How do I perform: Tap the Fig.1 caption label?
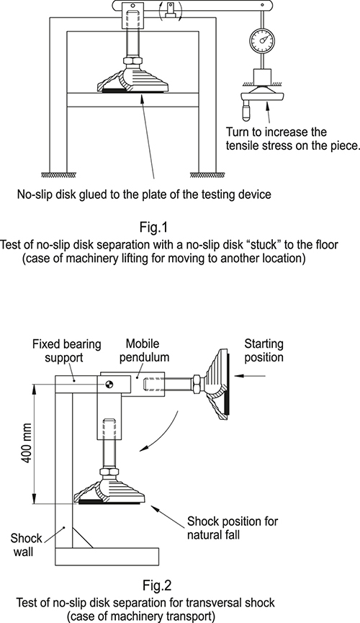tap(154, 228)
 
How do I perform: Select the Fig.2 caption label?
tap(157, 586)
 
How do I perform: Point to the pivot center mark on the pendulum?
tap(109, 384)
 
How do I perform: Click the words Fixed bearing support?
tap(66, 351)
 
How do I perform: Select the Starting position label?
tap(264, 350)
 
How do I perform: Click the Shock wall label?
tap(26, 545)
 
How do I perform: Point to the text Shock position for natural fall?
tap(233, 527)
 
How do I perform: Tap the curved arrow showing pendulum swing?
tap(160, 432)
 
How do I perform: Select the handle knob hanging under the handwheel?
tap(246, 111)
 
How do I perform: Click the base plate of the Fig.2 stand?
tap(107, 556)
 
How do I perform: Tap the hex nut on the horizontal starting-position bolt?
tap(198, 384)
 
